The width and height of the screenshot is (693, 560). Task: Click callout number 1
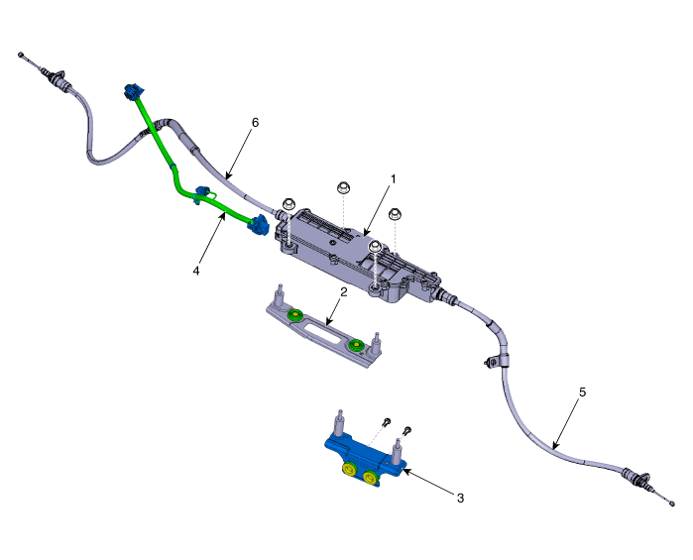tap(393, 179)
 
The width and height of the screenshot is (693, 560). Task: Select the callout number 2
tap(343, 292)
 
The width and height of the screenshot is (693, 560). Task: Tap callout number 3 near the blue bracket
tap(459, 497)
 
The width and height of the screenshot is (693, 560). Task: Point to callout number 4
tap(196, 269)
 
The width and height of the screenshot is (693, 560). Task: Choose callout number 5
tap(582, 392)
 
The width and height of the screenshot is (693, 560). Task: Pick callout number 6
tap(255, 122)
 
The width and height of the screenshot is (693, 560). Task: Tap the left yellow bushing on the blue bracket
tap(349, 471)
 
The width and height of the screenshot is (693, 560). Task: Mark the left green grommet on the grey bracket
tap(295, 316)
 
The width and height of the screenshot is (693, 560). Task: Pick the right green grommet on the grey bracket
tap(356, 346)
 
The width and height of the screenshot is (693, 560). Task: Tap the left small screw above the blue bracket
tap(387, 422)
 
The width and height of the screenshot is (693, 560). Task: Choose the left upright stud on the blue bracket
tap(338, 423)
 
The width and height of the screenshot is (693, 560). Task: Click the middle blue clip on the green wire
tap(205, 193)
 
